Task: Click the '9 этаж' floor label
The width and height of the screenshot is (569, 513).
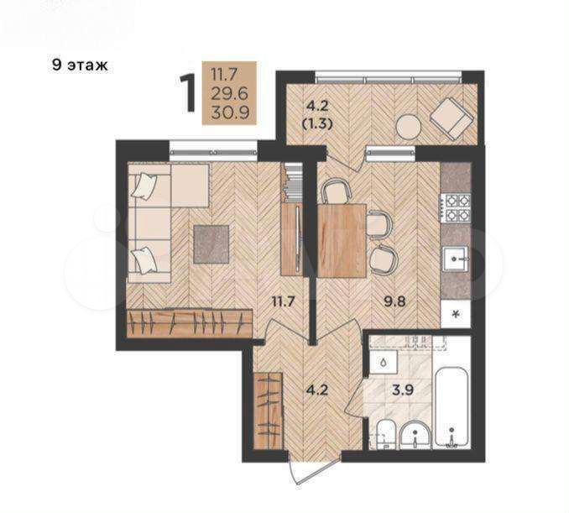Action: click(x=81, y=65)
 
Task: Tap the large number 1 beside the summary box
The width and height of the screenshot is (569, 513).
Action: click(x=188, y=92)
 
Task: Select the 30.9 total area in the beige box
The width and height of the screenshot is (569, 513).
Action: click(x=230, y=113)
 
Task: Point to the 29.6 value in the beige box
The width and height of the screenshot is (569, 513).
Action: click(x=230, y=94)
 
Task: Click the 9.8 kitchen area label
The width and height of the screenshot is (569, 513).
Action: click(x=394, y=301)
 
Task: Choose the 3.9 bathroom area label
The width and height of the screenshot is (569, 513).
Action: click(x=403, y=390)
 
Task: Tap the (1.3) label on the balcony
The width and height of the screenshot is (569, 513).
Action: click(x=317, y=124)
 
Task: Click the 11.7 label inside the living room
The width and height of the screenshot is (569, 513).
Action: click(x=283, y=301)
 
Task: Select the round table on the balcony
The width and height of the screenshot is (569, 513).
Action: click(x=408, y=127)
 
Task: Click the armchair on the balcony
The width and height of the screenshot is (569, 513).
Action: click(x=452, y=119)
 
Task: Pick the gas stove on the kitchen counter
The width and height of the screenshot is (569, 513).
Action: click(x=456, y=208)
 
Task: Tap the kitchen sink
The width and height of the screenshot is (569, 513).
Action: click(x=455, y=259)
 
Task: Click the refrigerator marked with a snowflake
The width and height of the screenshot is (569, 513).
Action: click(x=456, y=314)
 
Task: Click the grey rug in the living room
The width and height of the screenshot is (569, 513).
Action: click(x=211, y=244)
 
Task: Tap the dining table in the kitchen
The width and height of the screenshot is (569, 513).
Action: click(x=342, y=241)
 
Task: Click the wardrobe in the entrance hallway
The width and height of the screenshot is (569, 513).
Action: click(x=268, y=411)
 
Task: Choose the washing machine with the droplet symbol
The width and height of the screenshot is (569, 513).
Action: click(x=384, y=363)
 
